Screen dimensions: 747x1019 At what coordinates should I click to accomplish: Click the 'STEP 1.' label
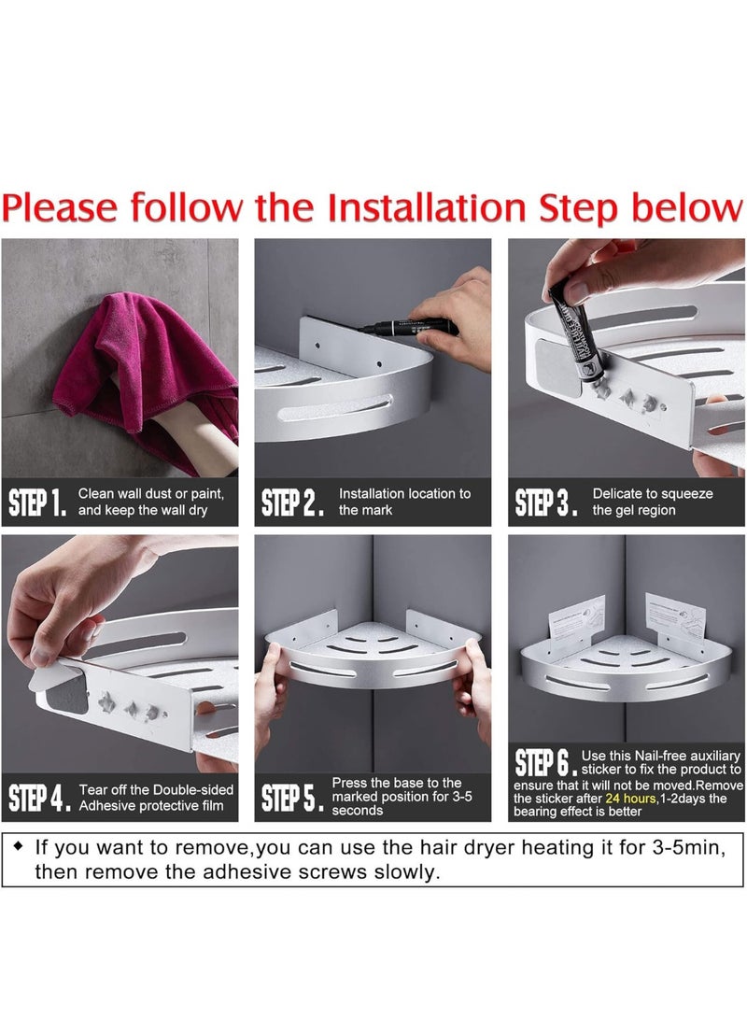pos(37,502)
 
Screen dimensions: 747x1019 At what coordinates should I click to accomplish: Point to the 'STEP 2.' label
pos(291,502)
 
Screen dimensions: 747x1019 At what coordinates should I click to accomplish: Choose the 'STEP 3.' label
pos(545,502)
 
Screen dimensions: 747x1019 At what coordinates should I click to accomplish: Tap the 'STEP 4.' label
pos(39,798)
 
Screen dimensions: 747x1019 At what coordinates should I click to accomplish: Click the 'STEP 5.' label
pos(291,798)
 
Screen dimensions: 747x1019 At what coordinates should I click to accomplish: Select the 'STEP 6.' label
pos(544,762)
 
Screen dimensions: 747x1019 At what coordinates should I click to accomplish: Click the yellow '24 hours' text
pos(630,798)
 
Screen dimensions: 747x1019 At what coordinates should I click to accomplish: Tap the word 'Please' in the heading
pos(60,208)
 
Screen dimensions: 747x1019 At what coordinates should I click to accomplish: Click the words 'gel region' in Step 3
pos(633,511)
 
